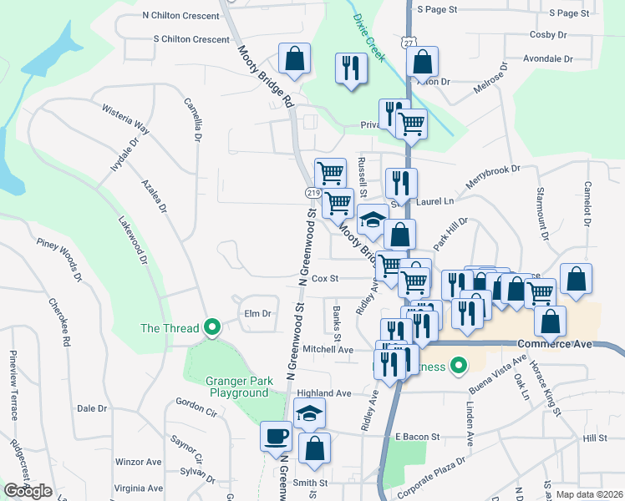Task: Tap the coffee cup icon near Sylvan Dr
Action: (x=276, y=437)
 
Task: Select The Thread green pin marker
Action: (x=212, y=328)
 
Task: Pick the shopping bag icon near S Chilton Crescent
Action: (x=294, y=59)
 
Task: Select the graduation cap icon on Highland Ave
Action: (x=309, y=413)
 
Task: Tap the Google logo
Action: (x=28, y=491)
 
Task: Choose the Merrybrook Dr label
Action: (x=493, y=180)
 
